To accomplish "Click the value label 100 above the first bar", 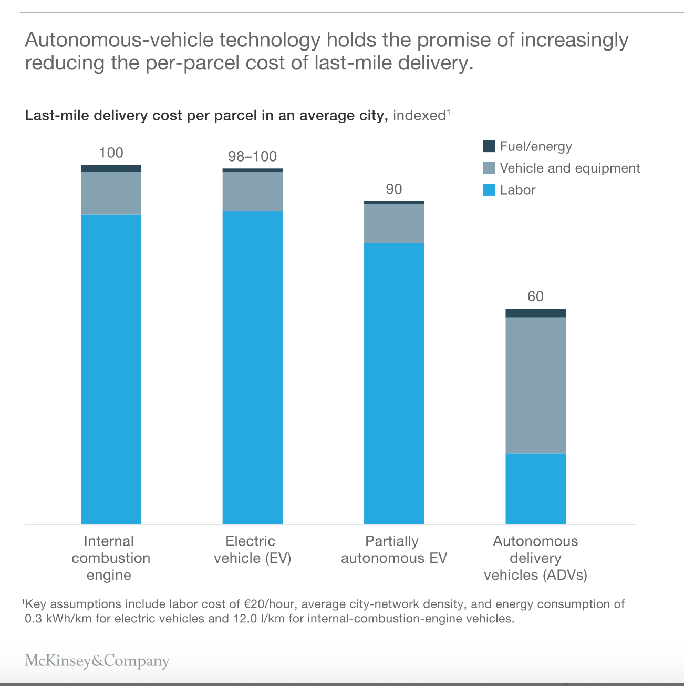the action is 111,153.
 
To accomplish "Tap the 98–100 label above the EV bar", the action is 252,156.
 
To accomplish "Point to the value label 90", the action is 394,189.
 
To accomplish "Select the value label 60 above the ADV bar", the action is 535,297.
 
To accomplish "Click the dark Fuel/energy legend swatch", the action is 489,146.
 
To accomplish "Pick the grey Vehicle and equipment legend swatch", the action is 489,168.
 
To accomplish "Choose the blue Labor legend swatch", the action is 489,189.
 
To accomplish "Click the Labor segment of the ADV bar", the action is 535,489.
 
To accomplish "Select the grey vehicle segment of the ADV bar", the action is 535,386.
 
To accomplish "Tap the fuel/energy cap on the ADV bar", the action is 535,313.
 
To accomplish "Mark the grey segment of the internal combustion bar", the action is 111,193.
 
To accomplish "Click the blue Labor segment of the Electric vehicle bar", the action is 252,368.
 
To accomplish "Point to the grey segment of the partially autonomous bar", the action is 394,223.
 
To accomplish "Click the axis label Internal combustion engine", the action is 110,558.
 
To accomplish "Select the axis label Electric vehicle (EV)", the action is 252,550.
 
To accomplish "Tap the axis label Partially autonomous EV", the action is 394,550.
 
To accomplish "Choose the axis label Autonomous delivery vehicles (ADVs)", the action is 535,558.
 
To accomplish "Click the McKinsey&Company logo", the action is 97,661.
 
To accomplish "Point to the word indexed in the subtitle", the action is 419,115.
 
